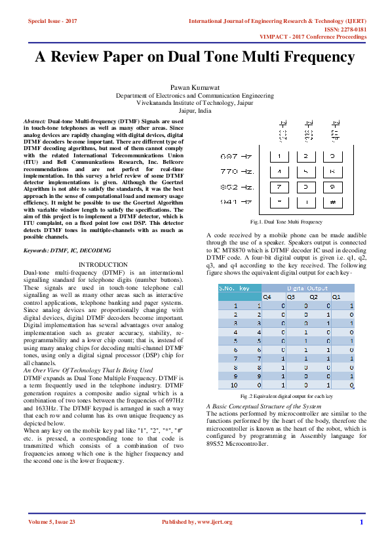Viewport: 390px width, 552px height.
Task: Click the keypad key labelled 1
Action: pyautogui.click(x=279, y=157)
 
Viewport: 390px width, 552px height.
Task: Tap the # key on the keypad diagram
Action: pyautogui.click(x=333, y=202)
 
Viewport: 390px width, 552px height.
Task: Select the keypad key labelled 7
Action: pyautogui.click(x=279, y=187)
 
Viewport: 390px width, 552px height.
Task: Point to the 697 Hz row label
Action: pyautogui.click(x=237, y=157)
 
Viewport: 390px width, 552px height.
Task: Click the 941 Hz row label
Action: pyautogui.click(x=237, y=202)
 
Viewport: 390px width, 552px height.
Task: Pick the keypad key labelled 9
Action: pyautogui.click(x=333, y=187)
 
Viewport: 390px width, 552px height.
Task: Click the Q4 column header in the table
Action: pyautogui.click(x=267, y=296)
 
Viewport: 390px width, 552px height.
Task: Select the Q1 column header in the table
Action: pyautogui.click(x=336, y=296)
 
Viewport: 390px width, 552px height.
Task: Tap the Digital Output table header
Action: pyautogui.click(x=308, y=288)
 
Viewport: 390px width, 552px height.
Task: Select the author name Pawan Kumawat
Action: pyautogui.click(x=195, y=87)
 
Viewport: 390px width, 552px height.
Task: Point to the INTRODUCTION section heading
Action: pyautogui.click(x=103, y=264)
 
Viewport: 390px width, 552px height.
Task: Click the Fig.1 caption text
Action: pyautogui.click(x=283, y=222)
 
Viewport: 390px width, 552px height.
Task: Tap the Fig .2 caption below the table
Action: pyautogui.click(x=286, y=397)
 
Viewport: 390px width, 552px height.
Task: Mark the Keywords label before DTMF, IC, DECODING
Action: pyautogui.click(x=40, y=250)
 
